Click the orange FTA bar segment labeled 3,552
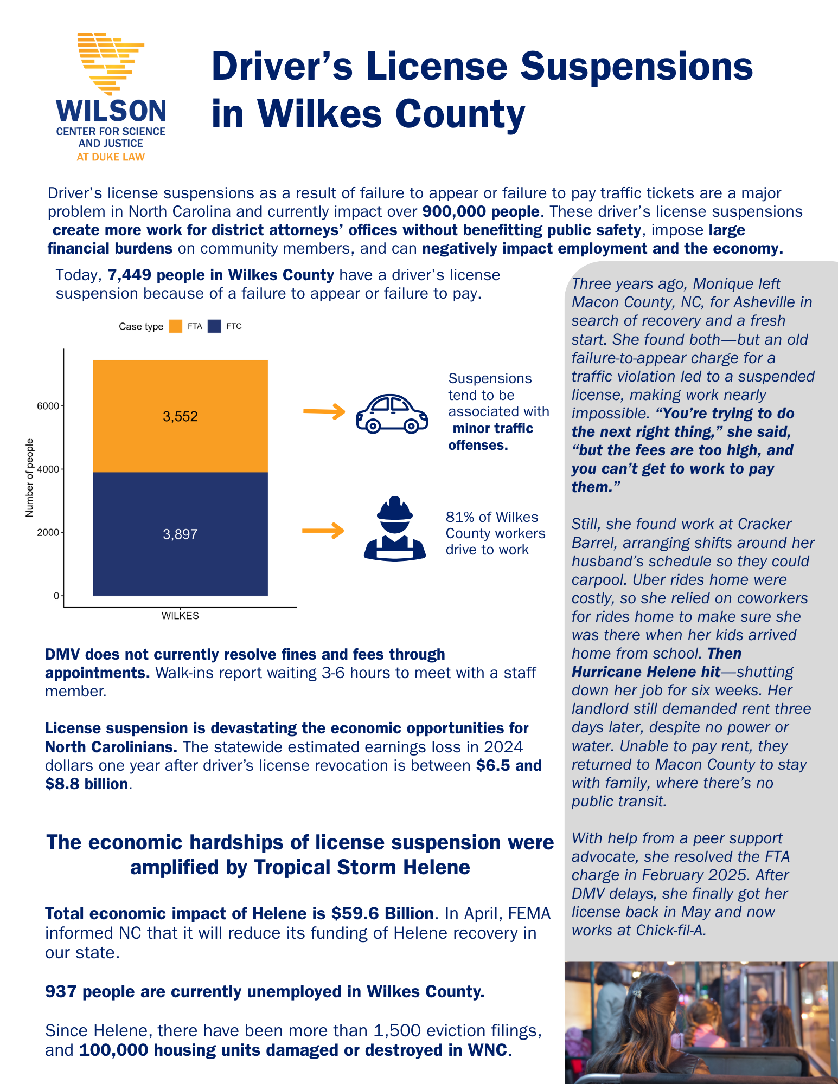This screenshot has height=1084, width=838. click(x=180, y=416)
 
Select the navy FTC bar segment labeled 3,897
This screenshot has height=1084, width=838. click(x=180, y=534)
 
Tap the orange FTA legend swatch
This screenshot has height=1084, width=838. click(x=176, y=326)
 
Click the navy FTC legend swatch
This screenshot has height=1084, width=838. click(x=214, y=326)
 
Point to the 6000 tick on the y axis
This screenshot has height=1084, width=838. click(x=48, y=406)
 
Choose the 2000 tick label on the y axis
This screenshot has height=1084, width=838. click(x=48, y=532)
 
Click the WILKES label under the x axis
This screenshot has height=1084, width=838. click(x=180, y=616)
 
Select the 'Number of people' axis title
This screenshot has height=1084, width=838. click(x=30, y=478)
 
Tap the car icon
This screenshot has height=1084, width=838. click(x=392, y=414)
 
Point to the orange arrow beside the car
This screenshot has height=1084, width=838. click(x=324, y=412)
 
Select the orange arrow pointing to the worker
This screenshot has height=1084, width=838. click(x=323, y=530)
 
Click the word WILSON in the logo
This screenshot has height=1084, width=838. click(x=111, y=111)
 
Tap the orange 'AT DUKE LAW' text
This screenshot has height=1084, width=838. click(x=111, y=157)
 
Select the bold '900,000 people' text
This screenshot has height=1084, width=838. click(x=481, y=211)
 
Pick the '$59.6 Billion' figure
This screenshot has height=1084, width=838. click(x=382, y=913)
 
